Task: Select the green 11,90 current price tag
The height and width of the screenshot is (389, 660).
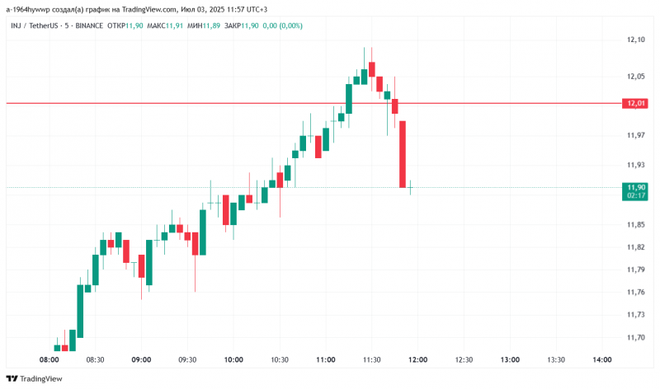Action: coord(636,187)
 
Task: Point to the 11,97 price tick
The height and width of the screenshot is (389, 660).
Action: coord(635,135)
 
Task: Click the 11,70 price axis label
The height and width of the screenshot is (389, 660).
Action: coord(635,337)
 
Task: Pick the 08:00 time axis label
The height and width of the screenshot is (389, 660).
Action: coord(49,360)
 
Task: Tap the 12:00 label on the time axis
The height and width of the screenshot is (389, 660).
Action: coord(417,360)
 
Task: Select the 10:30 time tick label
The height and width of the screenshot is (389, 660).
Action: coord(280,360)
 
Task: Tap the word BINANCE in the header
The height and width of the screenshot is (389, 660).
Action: coord(89,26)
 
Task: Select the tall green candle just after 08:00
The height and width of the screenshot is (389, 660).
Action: coord(81,311)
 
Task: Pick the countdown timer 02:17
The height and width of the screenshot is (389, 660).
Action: coord(636,195)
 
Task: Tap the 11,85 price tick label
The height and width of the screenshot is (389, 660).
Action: coord(635,224)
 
